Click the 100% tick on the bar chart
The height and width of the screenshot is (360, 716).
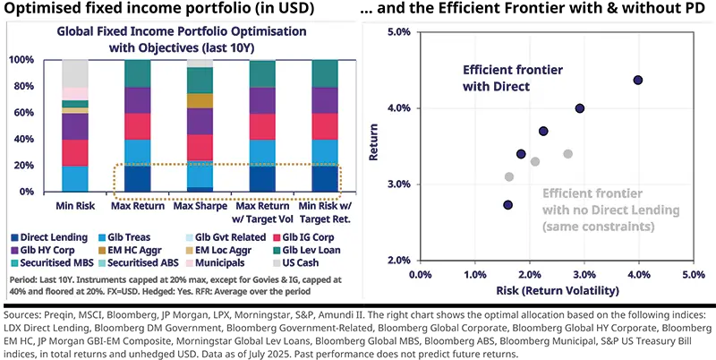pos(20,60)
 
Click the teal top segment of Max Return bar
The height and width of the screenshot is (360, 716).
pos(137,73)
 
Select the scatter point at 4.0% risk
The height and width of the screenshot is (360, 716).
pos(638,80)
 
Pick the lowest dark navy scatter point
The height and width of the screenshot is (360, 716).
pos(508,205)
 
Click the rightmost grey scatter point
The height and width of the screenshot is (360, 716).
pos(567,154)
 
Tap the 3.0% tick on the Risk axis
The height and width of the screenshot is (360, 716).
pos(584,273)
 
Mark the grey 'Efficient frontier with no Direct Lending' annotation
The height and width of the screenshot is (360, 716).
pos(599,208)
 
